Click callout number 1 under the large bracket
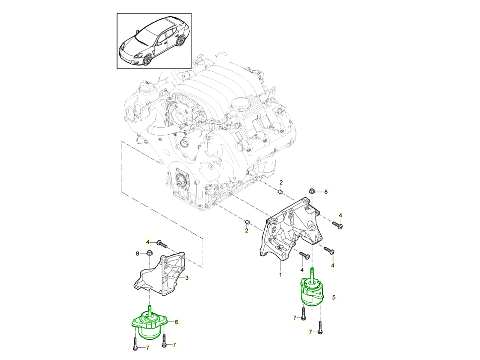280,275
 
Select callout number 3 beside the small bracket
186,278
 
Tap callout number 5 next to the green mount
334,297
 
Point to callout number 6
176,321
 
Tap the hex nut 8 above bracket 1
312,191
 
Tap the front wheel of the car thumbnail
147,59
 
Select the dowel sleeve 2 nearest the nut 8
281,193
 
